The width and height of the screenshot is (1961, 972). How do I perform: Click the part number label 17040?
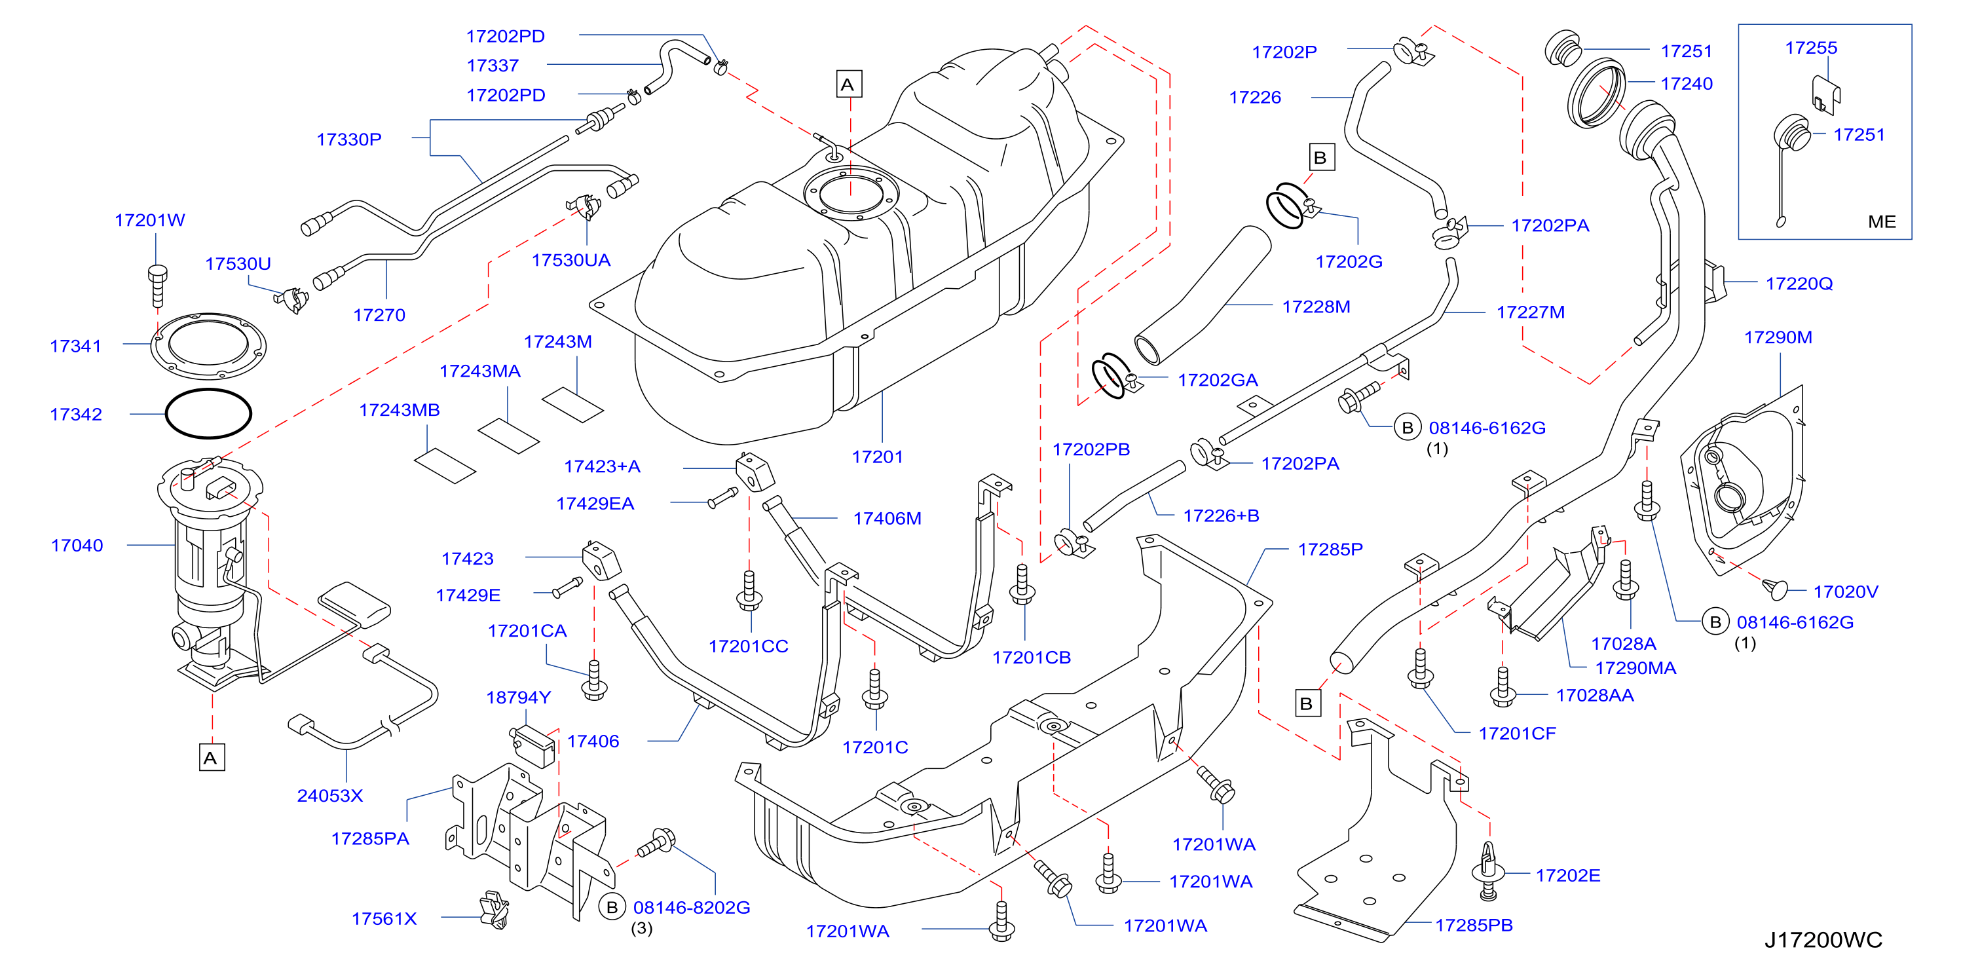point(77,545)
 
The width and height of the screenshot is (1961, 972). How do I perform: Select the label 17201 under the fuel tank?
point(877,457)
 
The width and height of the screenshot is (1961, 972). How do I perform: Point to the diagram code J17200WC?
point(1823,940)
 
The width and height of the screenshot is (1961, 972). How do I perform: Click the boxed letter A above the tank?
point(848,84)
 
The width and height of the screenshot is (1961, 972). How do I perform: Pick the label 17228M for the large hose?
point(1317,307)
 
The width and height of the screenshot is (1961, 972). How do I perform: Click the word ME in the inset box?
point(1882,221)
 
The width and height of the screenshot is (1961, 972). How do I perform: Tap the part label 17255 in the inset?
point(1811,48)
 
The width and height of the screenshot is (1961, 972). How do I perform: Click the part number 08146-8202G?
point(691,907)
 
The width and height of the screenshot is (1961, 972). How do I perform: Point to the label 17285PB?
point(1474,925)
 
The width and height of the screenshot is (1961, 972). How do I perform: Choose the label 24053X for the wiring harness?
point(329,795)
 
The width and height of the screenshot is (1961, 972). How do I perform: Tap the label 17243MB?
point(399,410)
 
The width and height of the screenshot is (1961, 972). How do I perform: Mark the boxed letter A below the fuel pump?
point(211,757)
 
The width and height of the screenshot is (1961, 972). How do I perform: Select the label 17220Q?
point(1799,284)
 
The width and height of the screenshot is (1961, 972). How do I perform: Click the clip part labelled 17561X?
point(494,910)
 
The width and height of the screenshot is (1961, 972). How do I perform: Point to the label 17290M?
point(1778,337)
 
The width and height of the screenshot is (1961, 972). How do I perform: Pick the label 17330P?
point(348,140)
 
